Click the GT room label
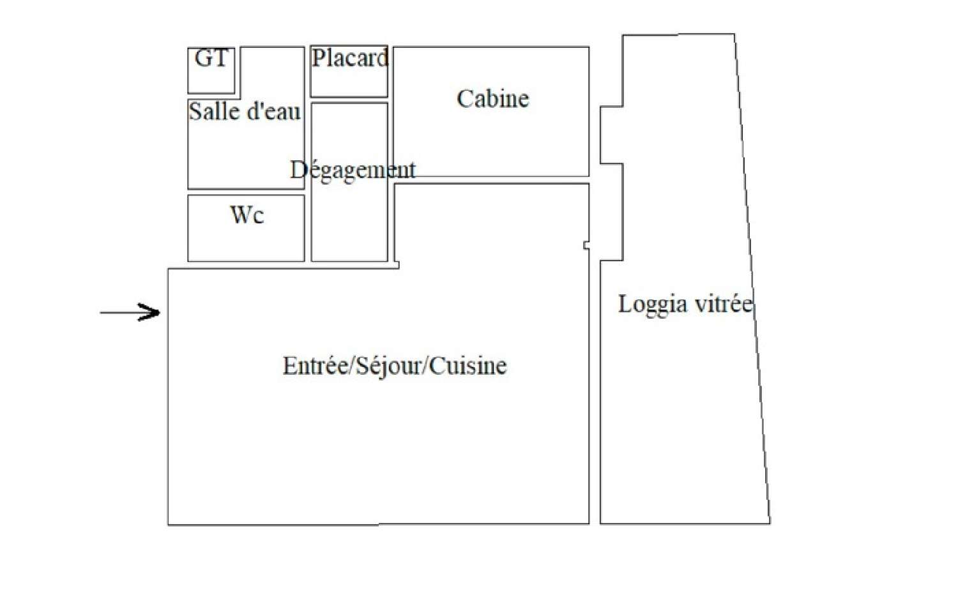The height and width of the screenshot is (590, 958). [x=211, y=58]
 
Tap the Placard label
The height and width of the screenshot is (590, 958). [x=350, y=58]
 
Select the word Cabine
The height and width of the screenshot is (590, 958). [x=492, y=99]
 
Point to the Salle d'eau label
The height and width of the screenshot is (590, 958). [x=245, y=112]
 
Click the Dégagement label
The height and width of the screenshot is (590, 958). [x=353, y=170]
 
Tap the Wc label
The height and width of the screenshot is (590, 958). [x=247, y=215]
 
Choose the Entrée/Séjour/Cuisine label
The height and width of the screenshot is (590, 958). [x=394, y=366]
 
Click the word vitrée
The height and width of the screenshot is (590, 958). [x=724, y=304]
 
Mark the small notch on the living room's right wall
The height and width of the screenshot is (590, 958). [x=586, y=245]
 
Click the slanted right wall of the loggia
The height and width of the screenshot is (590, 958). [x=753, y=279]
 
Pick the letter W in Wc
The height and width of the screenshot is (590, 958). [x=240, y=215]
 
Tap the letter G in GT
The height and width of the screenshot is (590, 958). [x=202, y=58]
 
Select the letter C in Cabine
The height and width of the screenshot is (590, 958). [x=464, y=99]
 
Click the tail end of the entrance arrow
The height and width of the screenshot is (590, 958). [x=100, y=312]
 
